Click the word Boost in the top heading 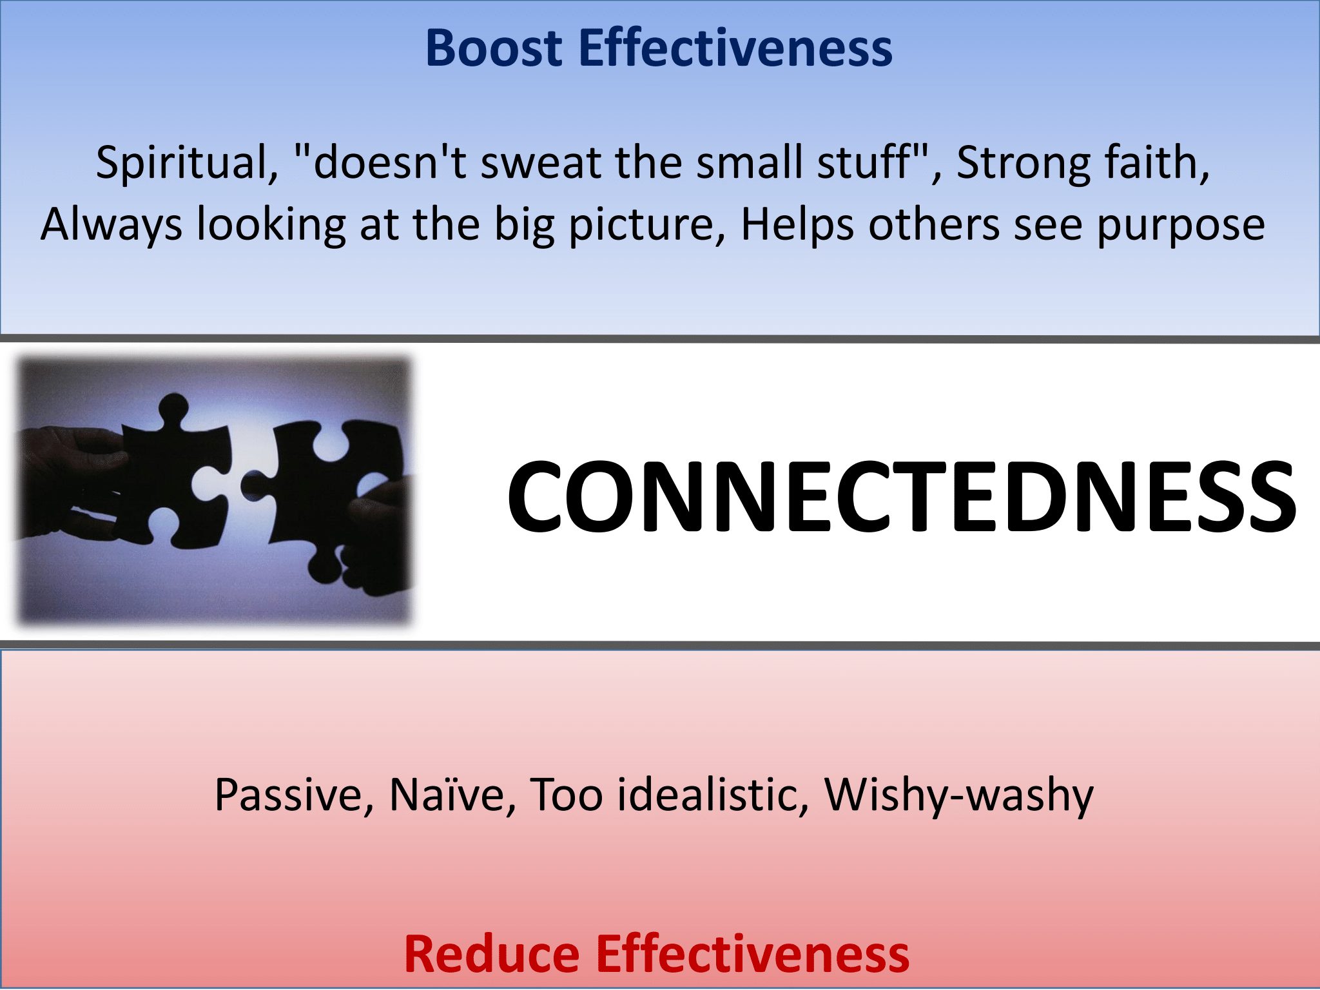494,48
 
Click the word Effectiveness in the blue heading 735,48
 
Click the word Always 111,225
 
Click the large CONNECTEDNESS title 901,496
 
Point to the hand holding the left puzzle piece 71,477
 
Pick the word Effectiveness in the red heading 752,954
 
